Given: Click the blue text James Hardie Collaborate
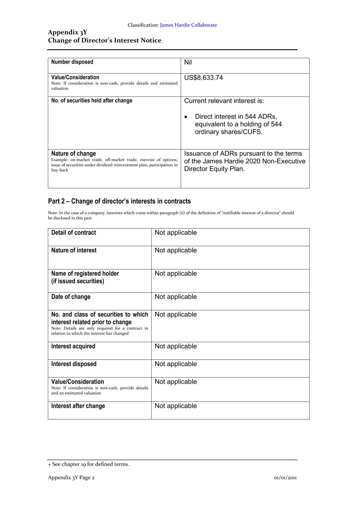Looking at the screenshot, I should [188, 25].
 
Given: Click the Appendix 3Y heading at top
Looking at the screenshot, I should [68, 32].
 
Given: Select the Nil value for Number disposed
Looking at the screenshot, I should [188, 62].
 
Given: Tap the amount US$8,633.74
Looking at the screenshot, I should [203, 78].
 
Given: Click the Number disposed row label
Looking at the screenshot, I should [72, 62].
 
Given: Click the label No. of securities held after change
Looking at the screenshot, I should [92, 101].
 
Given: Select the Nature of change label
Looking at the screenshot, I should [73, 154].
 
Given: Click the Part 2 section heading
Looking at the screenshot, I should [119, 201].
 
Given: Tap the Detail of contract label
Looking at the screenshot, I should [73, 233].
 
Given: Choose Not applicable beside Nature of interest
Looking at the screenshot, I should [175, 250].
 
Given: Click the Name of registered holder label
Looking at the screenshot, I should [85, 274].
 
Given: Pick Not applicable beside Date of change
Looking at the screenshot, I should [175, 297].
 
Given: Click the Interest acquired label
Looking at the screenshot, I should [73, 346].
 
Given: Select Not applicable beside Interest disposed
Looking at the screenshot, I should [175, 364].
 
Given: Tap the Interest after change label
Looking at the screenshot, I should [78, 406].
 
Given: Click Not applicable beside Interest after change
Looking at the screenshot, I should [175, 406].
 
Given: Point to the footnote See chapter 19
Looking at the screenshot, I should [88, 464].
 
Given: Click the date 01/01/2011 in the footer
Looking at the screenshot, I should [285, 478].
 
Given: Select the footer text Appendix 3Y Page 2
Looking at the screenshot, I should [71, 478].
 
